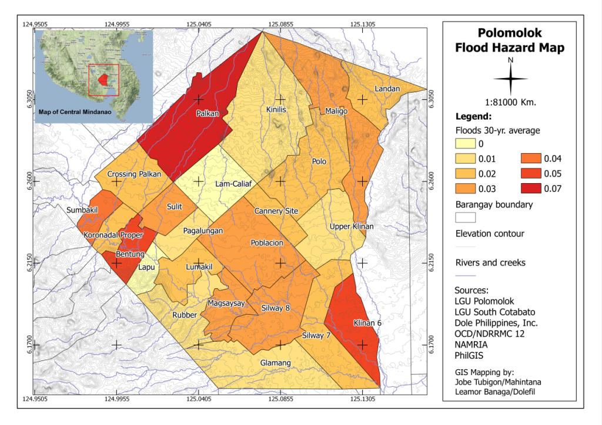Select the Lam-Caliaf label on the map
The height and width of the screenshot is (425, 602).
point(233,184)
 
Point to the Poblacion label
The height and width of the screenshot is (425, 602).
point(267,242)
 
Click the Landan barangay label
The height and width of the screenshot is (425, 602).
point(387,89)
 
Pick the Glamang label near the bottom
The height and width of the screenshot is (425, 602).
point(275,363)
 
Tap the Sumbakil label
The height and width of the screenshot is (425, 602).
point(99,209)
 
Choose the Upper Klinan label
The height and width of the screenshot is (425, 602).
point(352,226)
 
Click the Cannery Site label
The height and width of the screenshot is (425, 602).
point(276,211)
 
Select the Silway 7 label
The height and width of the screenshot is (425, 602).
point(316,336)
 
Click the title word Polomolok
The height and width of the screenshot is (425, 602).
point(510,33)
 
